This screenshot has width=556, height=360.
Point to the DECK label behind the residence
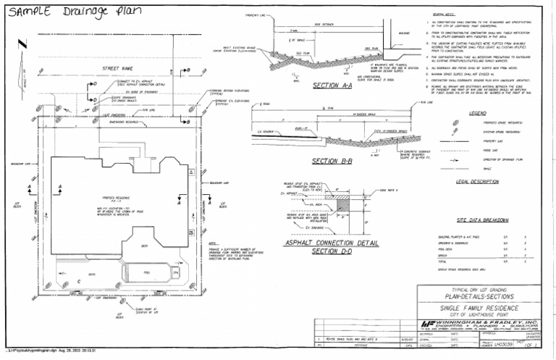click(145, 246)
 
